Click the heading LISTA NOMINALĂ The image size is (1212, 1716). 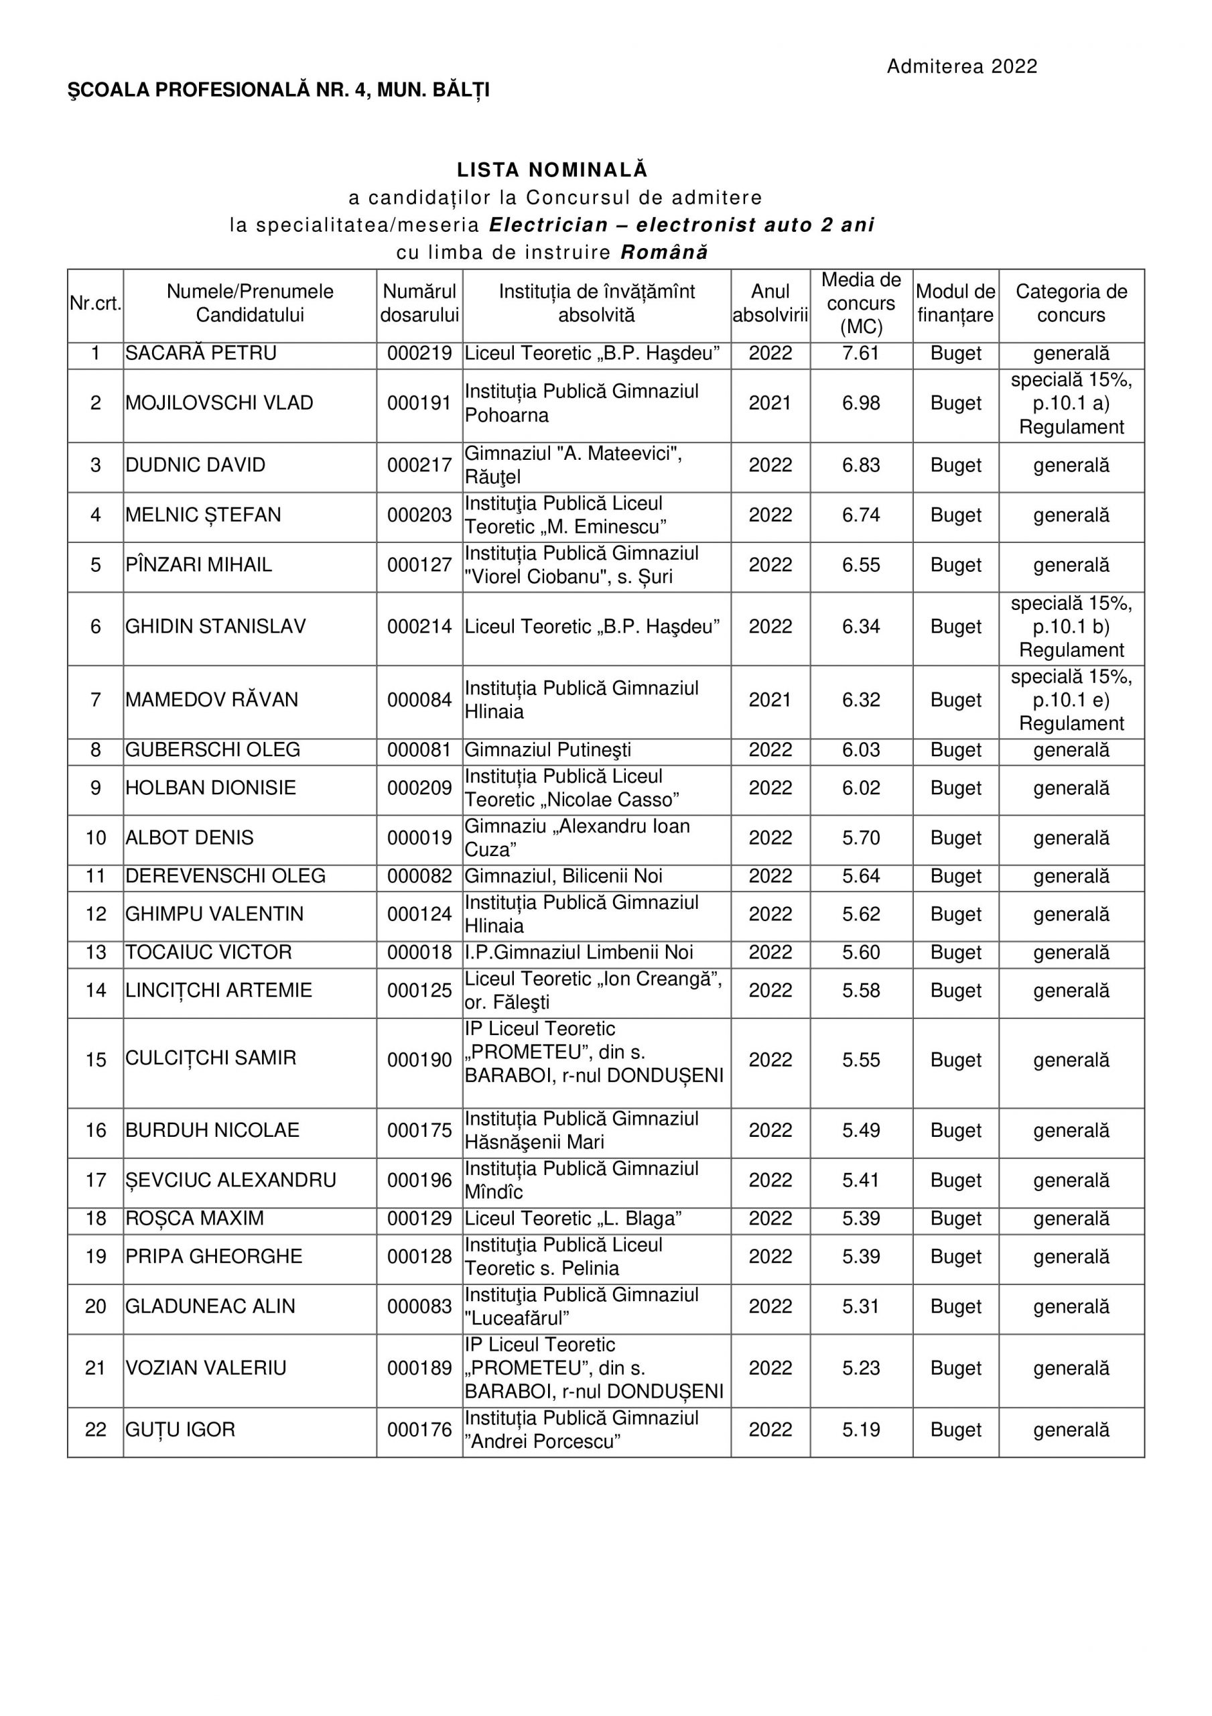click(552, 170)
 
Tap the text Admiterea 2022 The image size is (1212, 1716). click(961, 66)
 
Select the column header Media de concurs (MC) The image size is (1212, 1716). click(861, 304)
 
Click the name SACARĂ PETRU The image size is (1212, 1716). click(201, 353)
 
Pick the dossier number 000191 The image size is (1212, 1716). click(419, 404)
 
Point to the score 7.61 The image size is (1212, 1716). click(861, 353)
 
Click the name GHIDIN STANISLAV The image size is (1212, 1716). click(215, 626)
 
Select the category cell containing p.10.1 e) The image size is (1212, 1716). click(1071, 700)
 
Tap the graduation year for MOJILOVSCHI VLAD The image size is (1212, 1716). click(770, 404)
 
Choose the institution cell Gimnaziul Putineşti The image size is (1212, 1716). click(548, 749)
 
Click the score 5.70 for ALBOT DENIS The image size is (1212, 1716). click(861, 838)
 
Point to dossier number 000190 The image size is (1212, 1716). click(419, 1060)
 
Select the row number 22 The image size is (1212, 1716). click(96, 1430)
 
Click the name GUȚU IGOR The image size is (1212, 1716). click(180, 1430)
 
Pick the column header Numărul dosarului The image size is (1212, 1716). click(419, 304)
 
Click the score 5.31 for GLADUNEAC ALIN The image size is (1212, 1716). click(861, 1306)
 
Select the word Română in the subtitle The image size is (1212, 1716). click(664, 253)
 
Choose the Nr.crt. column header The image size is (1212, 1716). click(96, 304)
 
